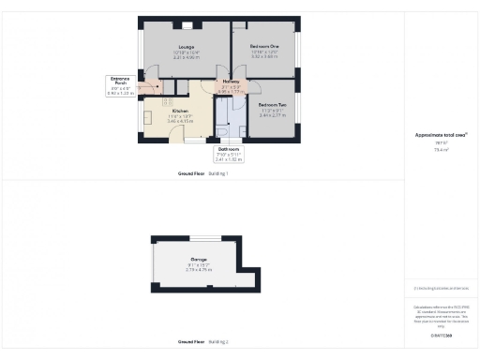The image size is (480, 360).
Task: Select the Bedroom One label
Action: (x=264, y=45)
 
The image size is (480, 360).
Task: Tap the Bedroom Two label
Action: (x=272, y=104)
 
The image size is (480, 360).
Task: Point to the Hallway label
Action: (x=230, y=82)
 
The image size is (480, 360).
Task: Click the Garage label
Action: (x=199, y=259)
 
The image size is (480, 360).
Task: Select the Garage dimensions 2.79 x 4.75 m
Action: (x=199, y=270)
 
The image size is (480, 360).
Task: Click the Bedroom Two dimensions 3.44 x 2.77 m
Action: (x=272, y=115)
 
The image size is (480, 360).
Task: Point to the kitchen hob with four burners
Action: (x=168, y=101)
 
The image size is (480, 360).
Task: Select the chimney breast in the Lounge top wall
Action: (x=187, y=25)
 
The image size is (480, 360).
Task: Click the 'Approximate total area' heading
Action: (x=442, y=134)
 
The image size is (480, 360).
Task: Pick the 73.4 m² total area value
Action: (x=442, y=148)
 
